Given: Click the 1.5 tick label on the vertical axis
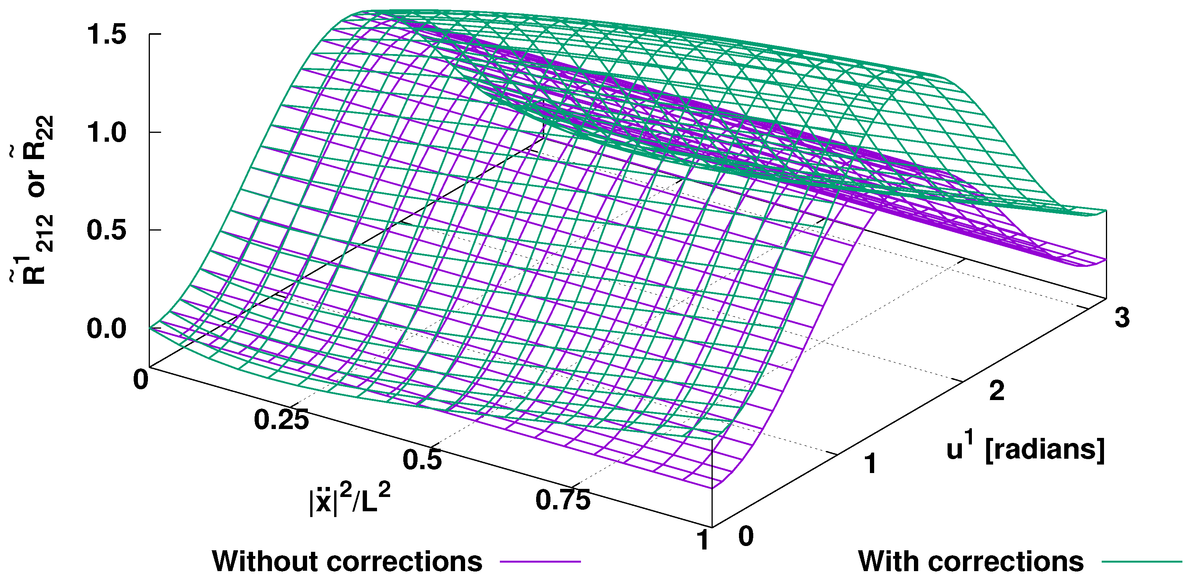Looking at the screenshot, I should coord(106,34).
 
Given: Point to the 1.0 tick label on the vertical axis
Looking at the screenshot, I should coord(106,132).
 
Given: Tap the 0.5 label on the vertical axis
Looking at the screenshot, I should coord(106,230).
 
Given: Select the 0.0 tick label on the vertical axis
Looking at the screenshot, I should coord(106,329).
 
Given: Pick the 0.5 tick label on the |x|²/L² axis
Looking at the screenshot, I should coord(422,460).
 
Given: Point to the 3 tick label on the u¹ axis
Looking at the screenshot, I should coord(1122,318).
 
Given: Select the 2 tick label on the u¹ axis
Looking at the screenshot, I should coord(997,390).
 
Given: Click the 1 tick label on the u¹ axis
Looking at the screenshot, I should coord(871,463).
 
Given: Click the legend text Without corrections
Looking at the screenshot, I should coord(347,561).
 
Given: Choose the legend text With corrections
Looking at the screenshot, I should coord(971,561).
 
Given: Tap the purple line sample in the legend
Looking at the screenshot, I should coord(540,562).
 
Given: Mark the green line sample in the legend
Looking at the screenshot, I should coord(1141,562).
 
